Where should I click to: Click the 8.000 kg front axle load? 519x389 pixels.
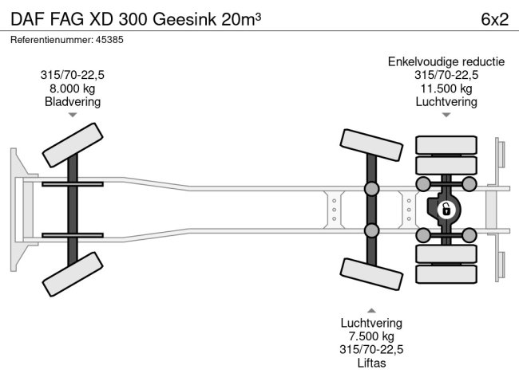coord(72,88)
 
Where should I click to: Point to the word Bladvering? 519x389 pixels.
coord(72,101)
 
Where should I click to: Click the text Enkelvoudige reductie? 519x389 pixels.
coord(446,62)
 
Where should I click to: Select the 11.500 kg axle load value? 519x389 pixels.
coord(446,88)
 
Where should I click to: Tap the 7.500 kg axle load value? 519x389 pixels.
coord(371,336)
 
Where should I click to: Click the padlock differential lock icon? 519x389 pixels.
coord(446,210)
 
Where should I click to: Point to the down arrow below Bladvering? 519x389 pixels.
coord(73,116)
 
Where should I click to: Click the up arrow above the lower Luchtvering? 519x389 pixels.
coord(371,310)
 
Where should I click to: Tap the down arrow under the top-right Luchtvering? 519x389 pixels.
coord(446,116)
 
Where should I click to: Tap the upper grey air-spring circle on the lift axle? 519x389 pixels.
coord(372,189)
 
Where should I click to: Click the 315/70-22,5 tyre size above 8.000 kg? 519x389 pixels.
coord(72,75)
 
